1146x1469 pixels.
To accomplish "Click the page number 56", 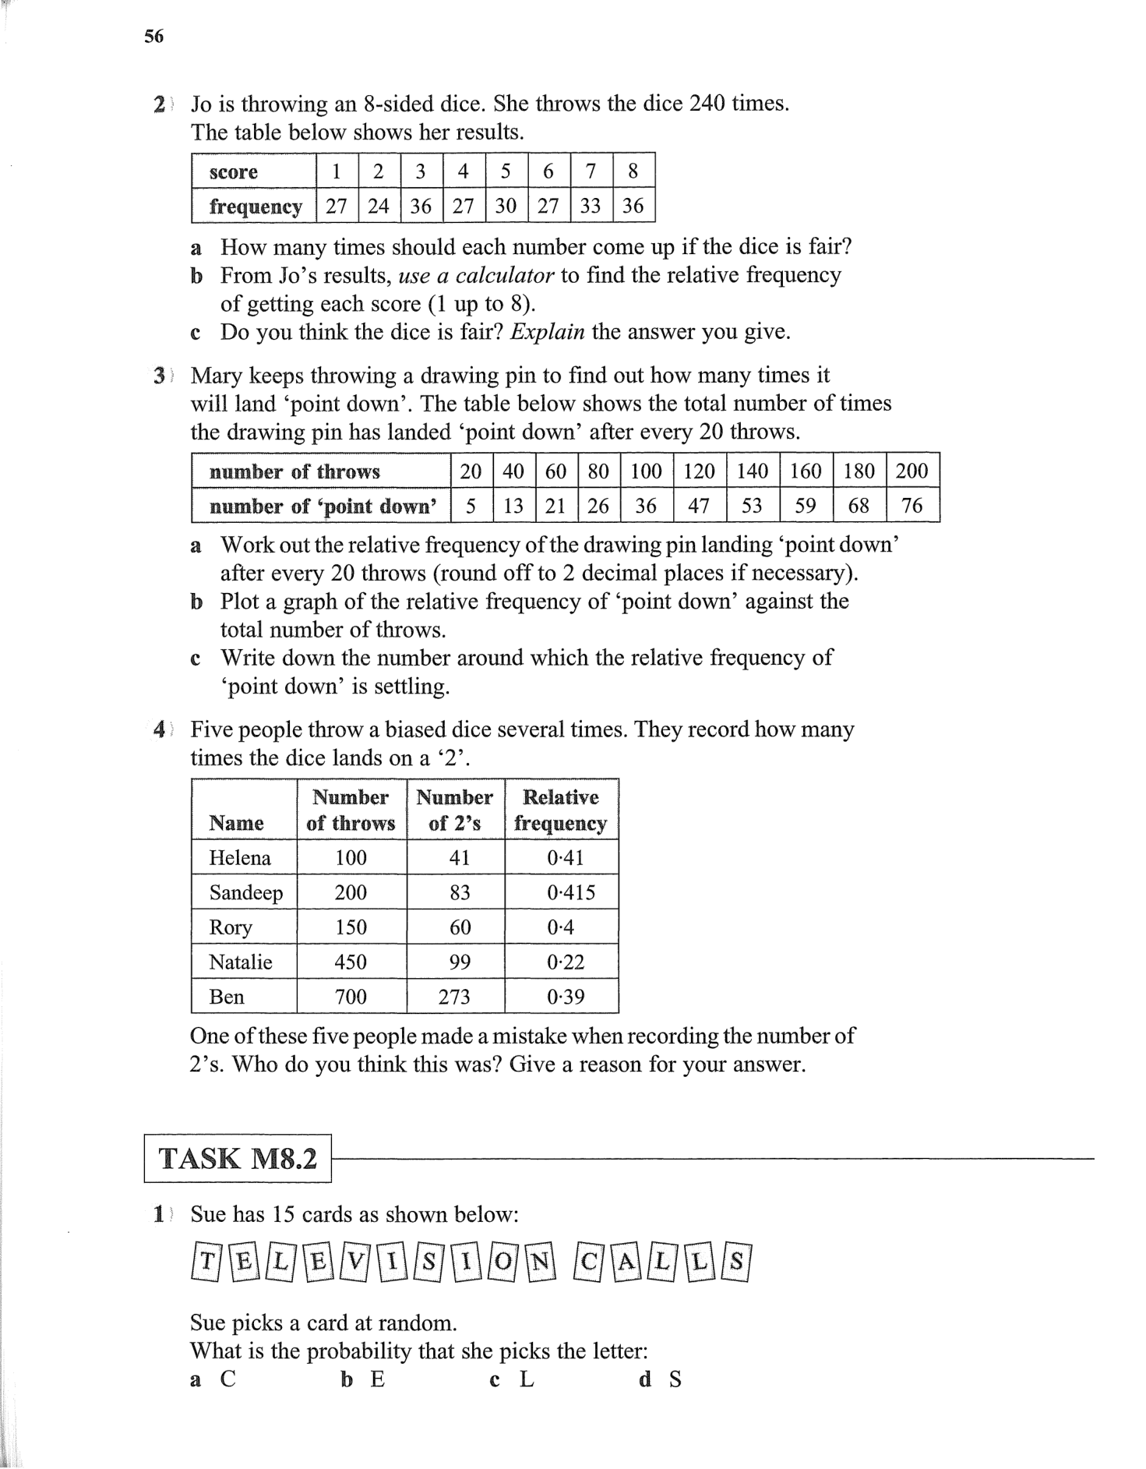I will coord(153,36).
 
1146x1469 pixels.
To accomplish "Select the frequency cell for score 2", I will coord(379,206).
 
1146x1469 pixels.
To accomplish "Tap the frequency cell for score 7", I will coord(591,206).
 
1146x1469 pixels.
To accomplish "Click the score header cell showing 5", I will coord(506,171).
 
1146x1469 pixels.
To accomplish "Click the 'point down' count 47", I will coord(699,506).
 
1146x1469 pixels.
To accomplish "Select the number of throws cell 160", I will coord(806,471).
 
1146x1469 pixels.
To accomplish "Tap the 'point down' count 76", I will coord(912,506).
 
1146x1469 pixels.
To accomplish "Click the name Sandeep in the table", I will coord(245,892).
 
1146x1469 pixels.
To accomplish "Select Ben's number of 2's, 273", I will coord(454,997).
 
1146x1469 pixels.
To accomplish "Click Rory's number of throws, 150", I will coord(351,927).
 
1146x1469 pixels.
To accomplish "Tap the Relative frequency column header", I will coord(560,810).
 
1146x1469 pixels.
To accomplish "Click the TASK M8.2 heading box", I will coord(238,1159).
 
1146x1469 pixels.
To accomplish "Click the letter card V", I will coord(354,1261).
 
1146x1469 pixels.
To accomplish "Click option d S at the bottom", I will coord(661,1379).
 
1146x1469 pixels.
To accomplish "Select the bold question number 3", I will coord(159,376).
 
